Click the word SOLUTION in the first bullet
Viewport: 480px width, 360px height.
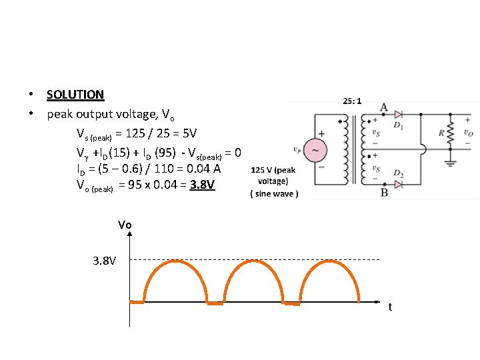(75, 95)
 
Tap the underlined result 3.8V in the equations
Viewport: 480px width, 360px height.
(202, 185)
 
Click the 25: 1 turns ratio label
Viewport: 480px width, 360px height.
(352, 101)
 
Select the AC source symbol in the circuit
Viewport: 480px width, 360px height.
(315, 151)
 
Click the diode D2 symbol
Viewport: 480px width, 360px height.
(399, 183)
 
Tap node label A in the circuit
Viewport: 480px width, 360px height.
(383, 107)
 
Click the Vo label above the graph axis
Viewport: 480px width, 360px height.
(125, 225)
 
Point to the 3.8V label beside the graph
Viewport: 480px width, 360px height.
(105, 259)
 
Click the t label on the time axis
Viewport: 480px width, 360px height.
(390, 307)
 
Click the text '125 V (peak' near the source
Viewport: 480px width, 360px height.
(273, 170)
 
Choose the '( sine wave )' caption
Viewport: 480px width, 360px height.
(275, 194)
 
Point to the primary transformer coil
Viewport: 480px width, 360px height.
(345, 150)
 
